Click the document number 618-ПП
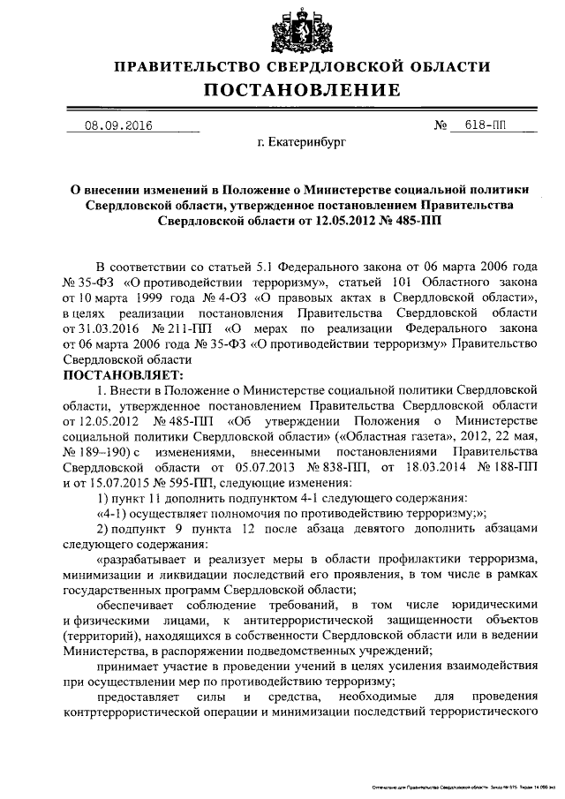pyautogui.click(x=485, y=125)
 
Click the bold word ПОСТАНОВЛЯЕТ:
pyautogui.click(x=120, y=374)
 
